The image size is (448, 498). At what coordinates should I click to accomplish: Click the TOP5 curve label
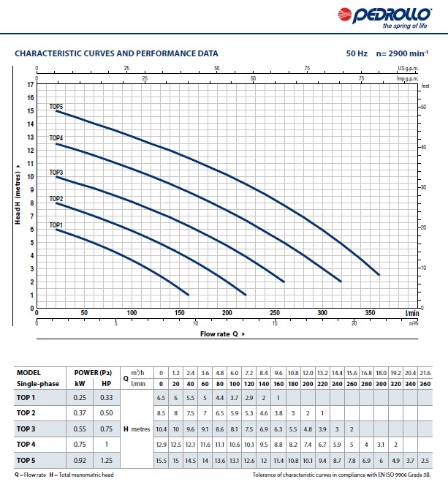(56, 107)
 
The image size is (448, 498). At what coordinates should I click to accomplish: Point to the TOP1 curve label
(56, 225)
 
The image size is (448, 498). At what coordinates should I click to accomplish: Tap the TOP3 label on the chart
(56, 173)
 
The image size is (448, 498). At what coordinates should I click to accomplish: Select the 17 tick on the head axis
(31, 85)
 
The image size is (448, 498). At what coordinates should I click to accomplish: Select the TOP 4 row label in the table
(28, 443)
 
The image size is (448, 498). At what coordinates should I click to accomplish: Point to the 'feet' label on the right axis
(425, 85)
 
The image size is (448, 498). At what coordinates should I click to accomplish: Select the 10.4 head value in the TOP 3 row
(161, 428)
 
